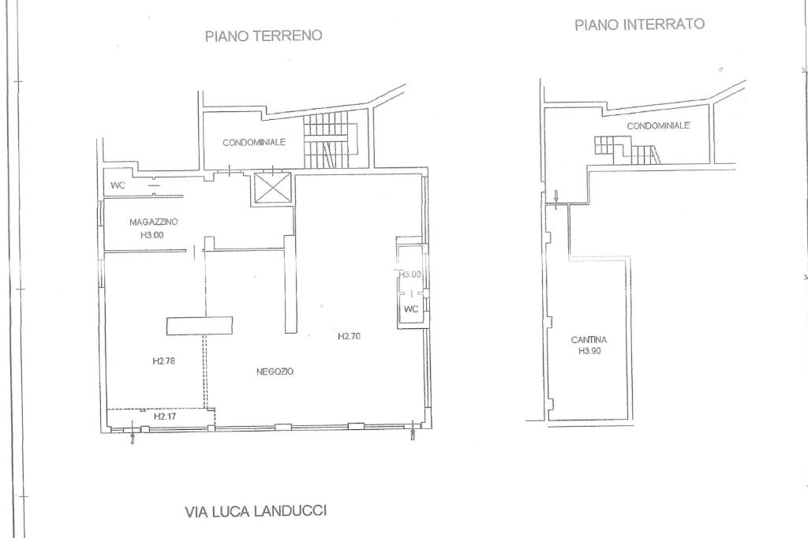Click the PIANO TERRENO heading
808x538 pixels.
[264, 35]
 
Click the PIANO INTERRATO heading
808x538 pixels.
[639, 24]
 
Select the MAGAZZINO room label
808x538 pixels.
[154, 222]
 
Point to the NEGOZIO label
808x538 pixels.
[275, 372]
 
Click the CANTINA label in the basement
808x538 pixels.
[589, 340]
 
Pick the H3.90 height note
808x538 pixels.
[589, 352]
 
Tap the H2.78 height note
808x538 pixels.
[163, 361]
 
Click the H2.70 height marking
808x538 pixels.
[349, 337]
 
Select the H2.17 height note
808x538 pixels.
[165, 416]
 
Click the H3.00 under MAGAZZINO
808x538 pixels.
[152, 235]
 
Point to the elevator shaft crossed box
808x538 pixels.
[272, 187]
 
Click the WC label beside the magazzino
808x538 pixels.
[118, 185]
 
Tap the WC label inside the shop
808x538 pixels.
[411, 309]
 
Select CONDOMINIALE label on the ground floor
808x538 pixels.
[254, 142]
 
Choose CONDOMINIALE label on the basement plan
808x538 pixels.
[658, 125]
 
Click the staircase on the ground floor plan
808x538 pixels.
[331, 140]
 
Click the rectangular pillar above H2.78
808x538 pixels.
[199, 326]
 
